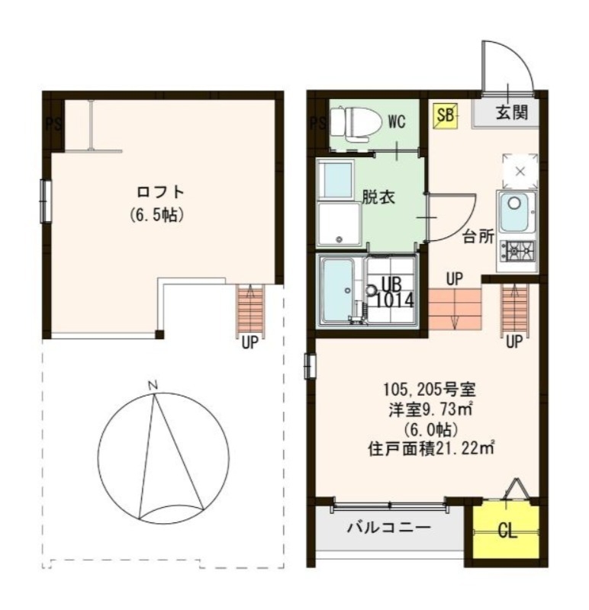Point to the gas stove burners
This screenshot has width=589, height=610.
pyautogui.click(x=518, y=249)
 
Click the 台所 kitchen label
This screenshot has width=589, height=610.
pyautogui.click(x=478, y=236)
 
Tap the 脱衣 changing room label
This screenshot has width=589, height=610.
pyautogui.click(x=378, y=197)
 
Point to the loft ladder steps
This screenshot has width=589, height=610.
pyautogui.click(x=249, y=310)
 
